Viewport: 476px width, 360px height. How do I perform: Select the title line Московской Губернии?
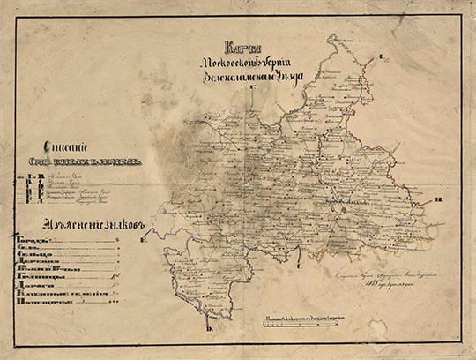tap(251, 64)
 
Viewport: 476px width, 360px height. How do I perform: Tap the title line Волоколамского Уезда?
tap(251, 77)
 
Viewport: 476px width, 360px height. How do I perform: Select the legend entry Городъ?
tap(30, 239)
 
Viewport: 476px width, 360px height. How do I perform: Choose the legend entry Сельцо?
tap(32, 260)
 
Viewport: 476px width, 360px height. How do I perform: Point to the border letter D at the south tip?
tap(210, 329)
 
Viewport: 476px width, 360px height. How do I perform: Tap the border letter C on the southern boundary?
tap(300, 263)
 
